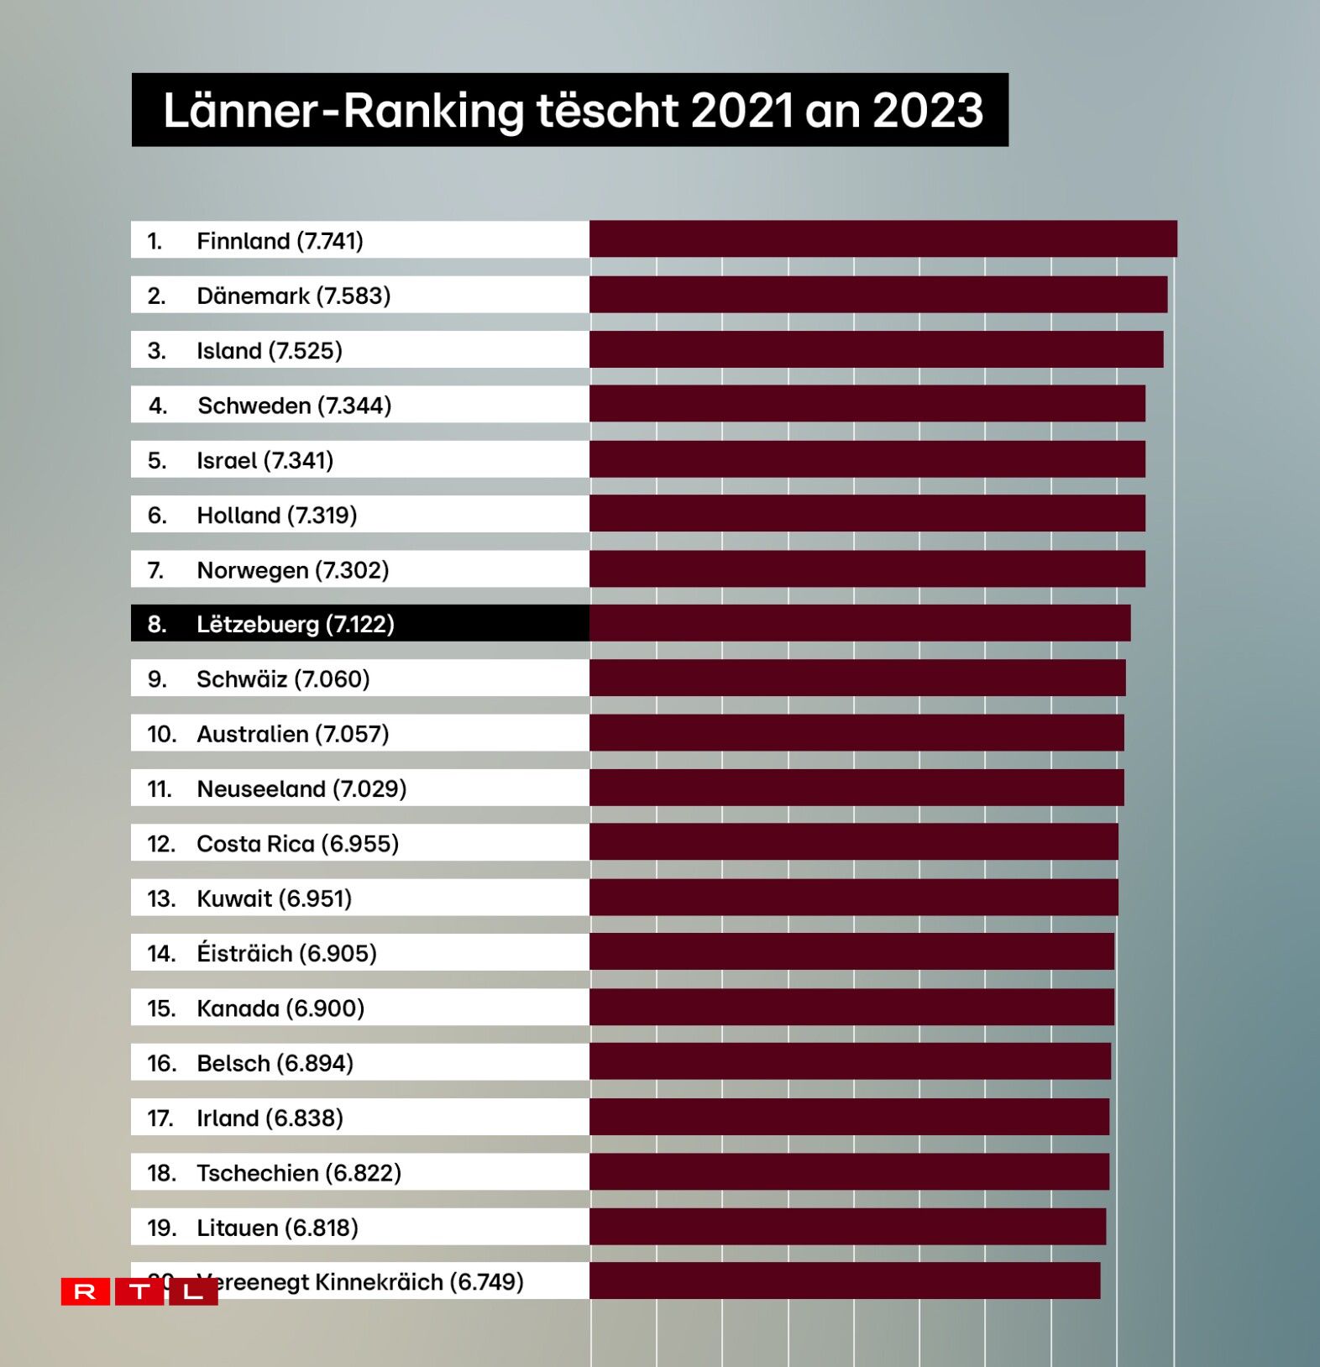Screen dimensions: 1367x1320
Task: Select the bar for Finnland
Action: tap(882, 239)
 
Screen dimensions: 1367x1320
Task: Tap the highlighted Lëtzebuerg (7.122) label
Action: tap(295, 624)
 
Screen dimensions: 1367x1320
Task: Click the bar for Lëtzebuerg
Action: tap(859, 623)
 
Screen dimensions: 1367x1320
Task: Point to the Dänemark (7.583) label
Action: tap(293, 296)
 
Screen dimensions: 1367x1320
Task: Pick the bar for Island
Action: tap(876, 349)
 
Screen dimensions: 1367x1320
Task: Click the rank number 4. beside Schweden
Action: tap(157, 406)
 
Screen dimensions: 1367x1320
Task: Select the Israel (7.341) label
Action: tap(265, 460)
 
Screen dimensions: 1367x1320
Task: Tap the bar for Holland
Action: tap(867, 514)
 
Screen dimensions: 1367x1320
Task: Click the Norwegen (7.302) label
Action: tap(292, 570)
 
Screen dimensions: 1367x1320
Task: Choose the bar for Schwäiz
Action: tap(856, 678)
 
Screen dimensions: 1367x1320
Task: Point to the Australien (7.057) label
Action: tap(292, 734)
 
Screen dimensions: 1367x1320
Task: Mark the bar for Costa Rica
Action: tap(853, 842)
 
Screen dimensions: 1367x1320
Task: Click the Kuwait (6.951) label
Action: tap(274, 898)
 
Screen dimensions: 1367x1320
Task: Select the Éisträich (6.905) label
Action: tap(286, 953)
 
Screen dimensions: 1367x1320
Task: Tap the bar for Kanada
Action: tap(851, 1007)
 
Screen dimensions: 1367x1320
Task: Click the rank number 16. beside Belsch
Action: tap(161, 1063)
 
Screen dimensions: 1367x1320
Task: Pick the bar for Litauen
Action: tap(847, 1227)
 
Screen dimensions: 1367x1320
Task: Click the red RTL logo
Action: tap(139, 1291)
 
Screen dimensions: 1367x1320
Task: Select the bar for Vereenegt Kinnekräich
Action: tap(844, 1281)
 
